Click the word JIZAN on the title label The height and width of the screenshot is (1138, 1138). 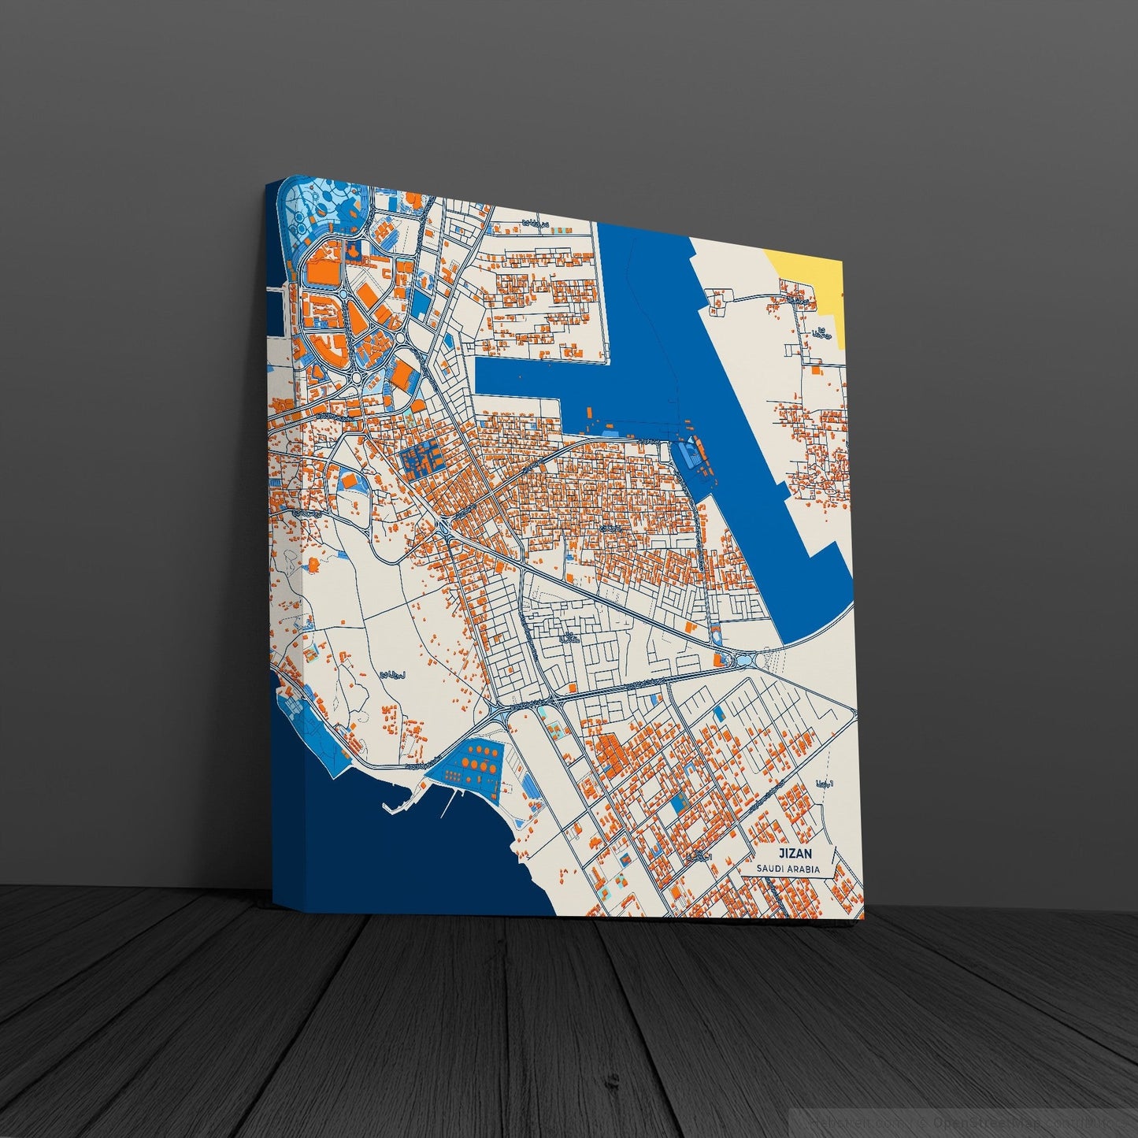pos(795,853)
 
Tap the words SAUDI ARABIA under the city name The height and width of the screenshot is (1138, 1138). pos(788,869)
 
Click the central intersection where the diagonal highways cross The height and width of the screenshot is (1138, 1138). pos(443,526)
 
